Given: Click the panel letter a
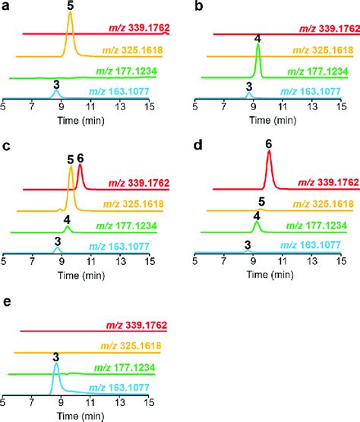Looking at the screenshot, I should point(6,8).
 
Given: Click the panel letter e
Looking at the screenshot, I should point(6,304).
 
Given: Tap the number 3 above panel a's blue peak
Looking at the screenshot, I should point(55,84).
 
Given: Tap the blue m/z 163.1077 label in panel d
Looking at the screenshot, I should point(324,247).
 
